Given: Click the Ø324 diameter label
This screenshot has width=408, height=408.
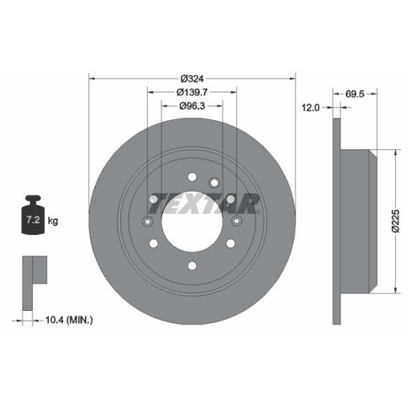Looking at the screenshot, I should pos(192,78).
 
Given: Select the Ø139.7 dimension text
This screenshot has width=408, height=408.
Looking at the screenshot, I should pos(193,91).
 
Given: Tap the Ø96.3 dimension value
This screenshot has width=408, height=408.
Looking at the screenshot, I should pos(193,105).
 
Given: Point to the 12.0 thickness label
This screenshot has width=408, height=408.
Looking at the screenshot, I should pos(311,107).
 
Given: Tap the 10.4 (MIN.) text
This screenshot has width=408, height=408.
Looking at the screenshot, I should pos(69,319).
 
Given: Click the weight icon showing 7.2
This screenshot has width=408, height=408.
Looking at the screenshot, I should pos(33,218).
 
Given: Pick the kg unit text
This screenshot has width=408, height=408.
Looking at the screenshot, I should pos(54,221).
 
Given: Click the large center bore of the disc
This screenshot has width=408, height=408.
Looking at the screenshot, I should pos(192,220).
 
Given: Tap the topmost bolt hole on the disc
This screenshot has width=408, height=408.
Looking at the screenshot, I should pos(192,175).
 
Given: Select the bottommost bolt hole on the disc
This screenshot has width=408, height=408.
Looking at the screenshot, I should pos(192,265).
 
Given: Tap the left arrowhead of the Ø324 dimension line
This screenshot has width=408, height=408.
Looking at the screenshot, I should pos(91,78).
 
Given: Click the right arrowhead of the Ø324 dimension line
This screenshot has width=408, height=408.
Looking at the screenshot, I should pos(293,78).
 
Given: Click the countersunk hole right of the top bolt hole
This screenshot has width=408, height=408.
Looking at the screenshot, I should pos(214,182).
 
